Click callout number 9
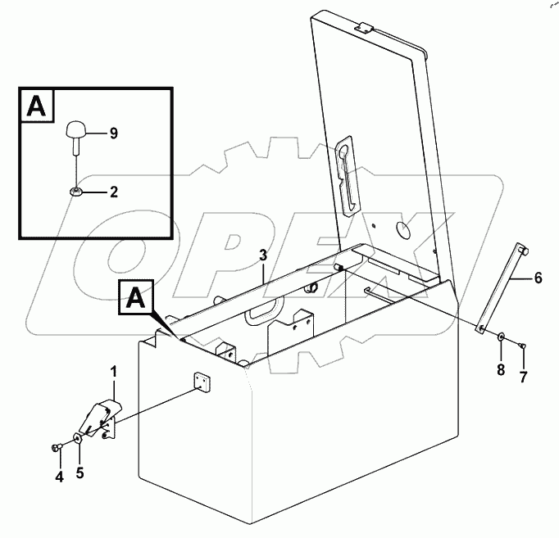pos(113,132)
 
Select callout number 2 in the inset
pos(113,192)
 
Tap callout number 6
pos(538,278)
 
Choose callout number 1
pos(113,373)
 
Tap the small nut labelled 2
pos(75,192)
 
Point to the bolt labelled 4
pos(55,447)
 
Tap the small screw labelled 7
pos(523,346)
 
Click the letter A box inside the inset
pos(35,107)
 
